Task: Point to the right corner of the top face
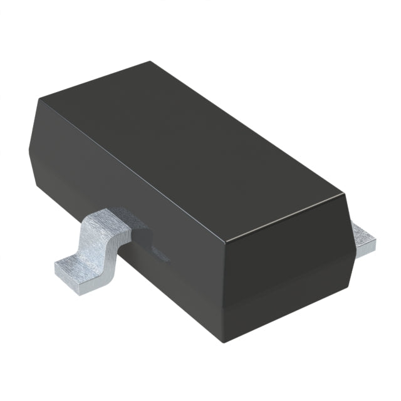click(345, 195)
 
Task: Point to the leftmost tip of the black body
click(29, 145)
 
